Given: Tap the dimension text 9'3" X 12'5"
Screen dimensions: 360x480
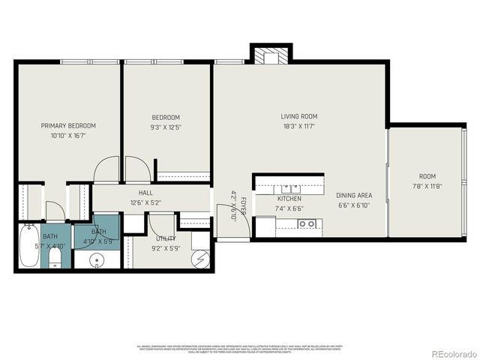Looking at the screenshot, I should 166,127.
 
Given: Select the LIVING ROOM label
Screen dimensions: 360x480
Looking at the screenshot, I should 299,116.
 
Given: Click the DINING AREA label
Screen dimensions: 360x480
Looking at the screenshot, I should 354,194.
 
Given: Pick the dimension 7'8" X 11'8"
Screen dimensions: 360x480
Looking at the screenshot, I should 427,186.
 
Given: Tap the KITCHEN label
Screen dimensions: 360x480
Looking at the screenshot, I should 289,199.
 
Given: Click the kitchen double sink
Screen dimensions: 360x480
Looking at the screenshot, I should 288,187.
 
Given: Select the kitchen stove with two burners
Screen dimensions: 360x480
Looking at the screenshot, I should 305,223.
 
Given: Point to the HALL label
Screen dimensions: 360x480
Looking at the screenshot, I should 145,193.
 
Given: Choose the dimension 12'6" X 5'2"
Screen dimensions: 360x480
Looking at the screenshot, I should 145,202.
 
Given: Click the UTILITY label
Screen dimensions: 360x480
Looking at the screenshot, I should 166,238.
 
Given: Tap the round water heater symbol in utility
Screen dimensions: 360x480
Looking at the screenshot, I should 201,259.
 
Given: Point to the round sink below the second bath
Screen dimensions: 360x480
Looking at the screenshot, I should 97,260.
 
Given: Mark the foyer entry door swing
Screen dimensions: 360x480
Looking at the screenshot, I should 225,214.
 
